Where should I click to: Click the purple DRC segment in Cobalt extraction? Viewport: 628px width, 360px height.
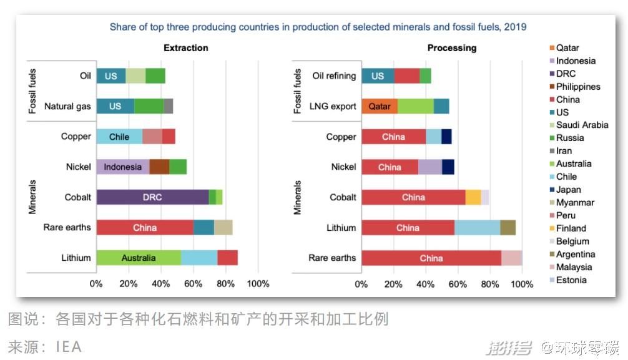tap(152, 197)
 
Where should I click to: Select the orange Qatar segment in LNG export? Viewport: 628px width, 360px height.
tap(380, 106)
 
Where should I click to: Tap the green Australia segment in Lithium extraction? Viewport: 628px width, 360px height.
tap(139, 258)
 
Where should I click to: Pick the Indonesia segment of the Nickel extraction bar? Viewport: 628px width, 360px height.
tap(123, 167)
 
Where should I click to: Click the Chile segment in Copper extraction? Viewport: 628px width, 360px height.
tap(119, 137)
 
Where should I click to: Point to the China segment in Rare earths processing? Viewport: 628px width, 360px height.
tap(431, 258)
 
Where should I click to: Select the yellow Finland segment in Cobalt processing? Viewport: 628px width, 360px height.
tap(473, 197)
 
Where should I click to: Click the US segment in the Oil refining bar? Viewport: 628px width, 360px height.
tap(378, 76)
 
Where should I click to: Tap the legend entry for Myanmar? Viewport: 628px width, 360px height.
tap(572, 203)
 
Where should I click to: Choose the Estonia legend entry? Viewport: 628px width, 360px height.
tap(568, 280)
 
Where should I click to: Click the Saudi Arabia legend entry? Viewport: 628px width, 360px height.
tap(579, 125)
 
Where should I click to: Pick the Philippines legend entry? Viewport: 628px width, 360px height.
tap(575, 87)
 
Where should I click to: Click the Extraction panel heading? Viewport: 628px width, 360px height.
tap(186, 48)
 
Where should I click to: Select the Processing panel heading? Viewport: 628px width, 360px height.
tap(452, 48)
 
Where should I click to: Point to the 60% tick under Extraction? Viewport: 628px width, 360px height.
tap(193, 284)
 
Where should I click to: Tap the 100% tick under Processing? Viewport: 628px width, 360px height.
tap(522, 285)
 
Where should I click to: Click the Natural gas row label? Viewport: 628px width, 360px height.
tap(67, 107)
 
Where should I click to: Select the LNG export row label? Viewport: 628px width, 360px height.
tap(333, 107)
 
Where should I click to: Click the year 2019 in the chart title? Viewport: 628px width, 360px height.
tap(515, 27)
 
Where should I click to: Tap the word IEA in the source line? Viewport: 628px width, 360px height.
tap(69, 347)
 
